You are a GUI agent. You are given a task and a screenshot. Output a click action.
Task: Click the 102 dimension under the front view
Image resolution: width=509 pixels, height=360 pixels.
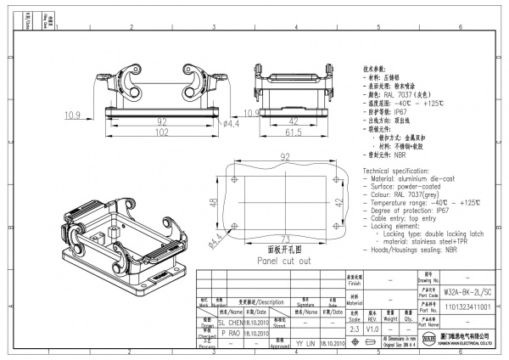160,133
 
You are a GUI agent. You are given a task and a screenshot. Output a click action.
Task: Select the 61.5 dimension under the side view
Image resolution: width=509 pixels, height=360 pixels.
294,133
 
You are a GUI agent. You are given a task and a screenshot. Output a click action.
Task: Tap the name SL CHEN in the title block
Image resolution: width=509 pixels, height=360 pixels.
231,322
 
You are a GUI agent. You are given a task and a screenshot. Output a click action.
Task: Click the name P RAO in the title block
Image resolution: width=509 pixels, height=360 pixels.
231,334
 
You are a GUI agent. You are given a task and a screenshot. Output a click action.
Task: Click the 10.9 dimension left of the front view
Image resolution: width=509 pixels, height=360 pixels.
73,114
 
